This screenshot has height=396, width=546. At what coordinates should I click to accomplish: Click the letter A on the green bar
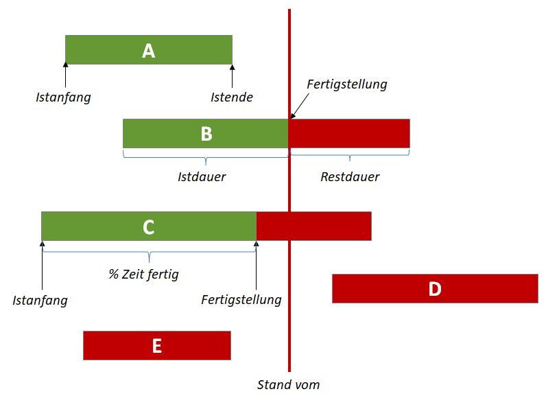click(148, 50)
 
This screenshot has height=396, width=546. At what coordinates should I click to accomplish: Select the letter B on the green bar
click(206, 134)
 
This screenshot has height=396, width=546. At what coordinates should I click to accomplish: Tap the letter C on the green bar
click(149, 226)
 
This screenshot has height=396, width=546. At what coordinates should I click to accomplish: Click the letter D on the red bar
click(434, 289)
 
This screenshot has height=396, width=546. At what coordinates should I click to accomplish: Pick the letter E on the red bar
click(156, 346)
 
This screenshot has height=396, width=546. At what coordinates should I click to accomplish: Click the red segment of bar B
click(350, 134)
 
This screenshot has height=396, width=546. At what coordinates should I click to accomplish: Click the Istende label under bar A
click(231, 97)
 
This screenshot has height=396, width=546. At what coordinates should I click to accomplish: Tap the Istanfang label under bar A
click(63, 97)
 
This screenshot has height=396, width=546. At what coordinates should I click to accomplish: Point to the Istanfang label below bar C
click(40, 300)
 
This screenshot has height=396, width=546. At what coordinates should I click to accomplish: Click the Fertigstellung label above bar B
click(347, 84)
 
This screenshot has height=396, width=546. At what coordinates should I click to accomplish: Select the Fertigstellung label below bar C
click(241, 300)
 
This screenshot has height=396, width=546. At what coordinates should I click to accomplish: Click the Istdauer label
click(202, 177)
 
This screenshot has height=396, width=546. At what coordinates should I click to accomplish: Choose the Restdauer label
click(350, 177)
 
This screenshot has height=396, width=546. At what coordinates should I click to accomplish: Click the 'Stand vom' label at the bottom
click(288, 384)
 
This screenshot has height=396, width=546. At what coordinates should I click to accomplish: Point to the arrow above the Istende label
click(232, 75)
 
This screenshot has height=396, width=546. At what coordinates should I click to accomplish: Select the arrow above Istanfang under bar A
click(65, 75)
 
